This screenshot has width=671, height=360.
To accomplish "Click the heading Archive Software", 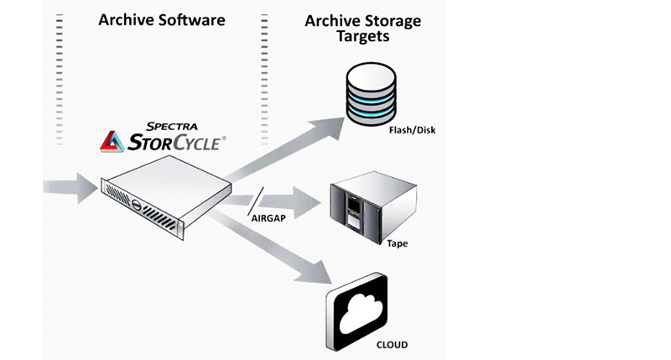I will tap(161, 19).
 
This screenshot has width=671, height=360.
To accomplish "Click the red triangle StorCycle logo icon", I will tap(113, 140).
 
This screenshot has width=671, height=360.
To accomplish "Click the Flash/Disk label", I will tap(413, 131).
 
